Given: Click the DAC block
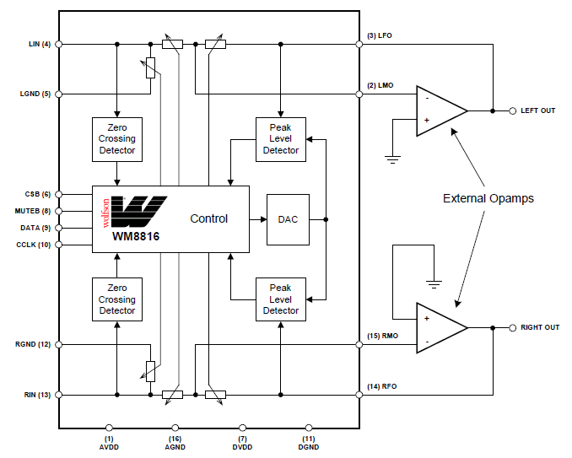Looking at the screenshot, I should point(288,219).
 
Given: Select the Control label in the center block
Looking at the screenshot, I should point(208,218).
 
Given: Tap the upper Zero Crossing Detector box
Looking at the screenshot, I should point(116,138).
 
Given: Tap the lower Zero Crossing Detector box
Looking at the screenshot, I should point(116,299).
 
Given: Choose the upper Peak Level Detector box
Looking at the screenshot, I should point(281,138).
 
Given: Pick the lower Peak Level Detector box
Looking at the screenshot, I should point(281,299).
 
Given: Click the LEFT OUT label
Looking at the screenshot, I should point(537,110).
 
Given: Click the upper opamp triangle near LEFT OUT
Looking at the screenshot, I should point(439,110).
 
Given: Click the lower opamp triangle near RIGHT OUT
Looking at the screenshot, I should point(439,327).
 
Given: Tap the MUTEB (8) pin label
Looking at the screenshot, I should point(33,211).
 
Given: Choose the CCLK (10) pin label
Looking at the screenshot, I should point(33,245).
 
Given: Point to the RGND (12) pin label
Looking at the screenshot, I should point(33,344).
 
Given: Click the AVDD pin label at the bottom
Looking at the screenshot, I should point(109,445).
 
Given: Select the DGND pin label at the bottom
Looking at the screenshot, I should point(309,445).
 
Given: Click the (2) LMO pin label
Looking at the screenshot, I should point(379,86).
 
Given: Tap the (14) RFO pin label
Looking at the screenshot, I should point(381,386).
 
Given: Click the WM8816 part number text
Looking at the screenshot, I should point(136,237).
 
